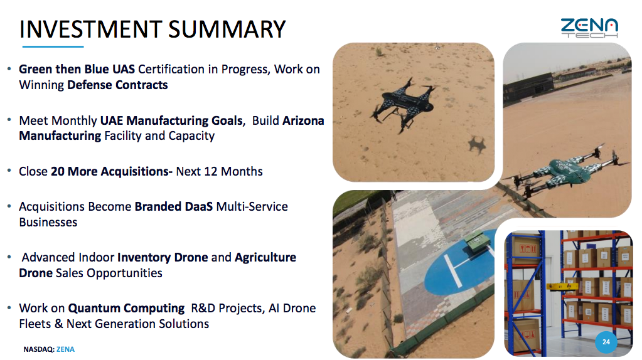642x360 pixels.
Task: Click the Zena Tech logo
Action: pos(589,28)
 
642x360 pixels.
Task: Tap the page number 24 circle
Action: pos(606,342)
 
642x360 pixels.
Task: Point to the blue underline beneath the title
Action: pos(53,46)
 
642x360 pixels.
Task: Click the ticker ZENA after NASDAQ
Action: pos(65,349)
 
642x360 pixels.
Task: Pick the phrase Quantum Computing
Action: pos(126,308)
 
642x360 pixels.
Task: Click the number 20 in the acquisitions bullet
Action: pos(58,171)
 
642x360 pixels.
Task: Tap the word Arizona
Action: pos(303,120)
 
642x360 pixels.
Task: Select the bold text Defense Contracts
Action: pos(117,85)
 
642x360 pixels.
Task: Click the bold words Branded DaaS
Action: pos(174,206)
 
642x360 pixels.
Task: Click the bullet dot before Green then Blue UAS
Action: pos(9,69)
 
